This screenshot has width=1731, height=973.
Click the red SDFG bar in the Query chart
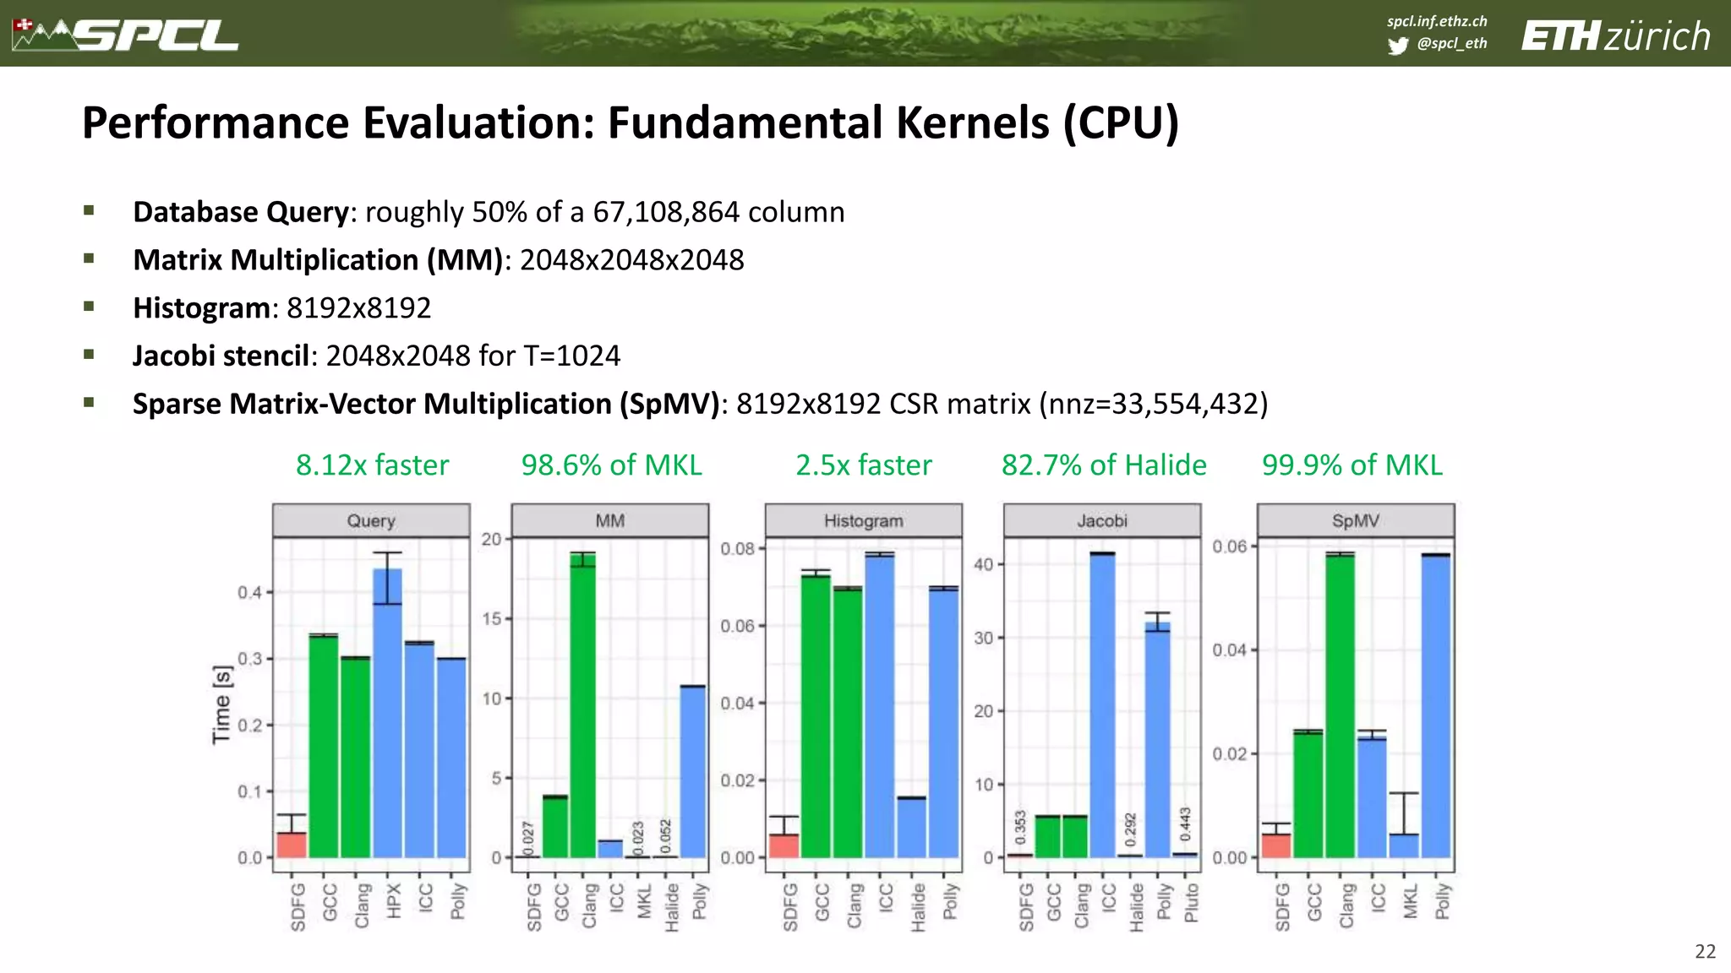292,845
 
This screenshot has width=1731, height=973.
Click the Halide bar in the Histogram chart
911,827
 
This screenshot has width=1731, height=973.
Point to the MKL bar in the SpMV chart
1404,845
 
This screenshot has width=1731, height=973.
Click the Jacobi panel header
1101,520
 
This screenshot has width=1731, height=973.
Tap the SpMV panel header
1355,520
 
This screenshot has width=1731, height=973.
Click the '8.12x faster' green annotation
372,465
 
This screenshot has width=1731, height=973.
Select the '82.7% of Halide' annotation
1103,465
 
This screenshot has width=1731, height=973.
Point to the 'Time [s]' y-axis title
221,705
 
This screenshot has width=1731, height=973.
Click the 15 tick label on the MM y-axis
492,619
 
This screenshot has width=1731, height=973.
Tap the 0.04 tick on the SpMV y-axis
1229,650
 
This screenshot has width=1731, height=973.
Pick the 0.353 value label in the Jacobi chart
1020,827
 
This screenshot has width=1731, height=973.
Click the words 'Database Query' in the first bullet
241,212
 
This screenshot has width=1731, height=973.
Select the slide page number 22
1705,951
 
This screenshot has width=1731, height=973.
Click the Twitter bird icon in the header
1398,45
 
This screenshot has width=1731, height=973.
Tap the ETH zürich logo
1615,36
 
